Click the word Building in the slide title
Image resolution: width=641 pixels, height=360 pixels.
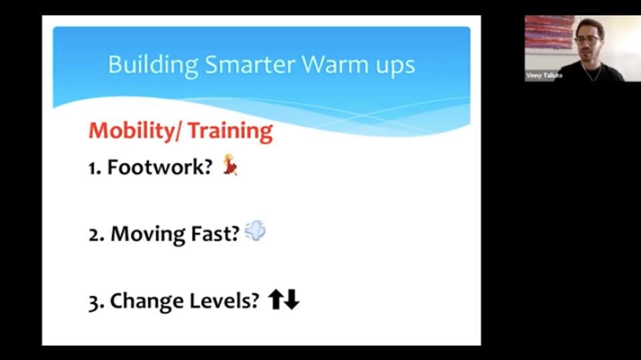(x=153, y=65)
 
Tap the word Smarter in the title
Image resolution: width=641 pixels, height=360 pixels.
(x=250, y=65)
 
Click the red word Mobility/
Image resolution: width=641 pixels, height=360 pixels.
(x=136, y=131)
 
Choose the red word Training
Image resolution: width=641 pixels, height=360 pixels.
(x=230, y=131)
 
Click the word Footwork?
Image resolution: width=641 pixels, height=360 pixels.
(x=160, y=167)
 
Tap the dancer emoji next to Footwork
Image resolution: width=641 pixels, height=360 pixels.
(x=230, y=165)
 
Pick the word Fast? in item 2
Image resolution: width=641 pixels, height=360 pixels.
(x=215, y=234)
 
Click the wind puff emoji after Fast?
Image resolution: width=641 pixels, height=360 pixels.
(x=255, y=230)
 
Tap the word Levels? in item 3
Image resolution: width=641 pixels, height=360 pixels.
(x=224, y=301)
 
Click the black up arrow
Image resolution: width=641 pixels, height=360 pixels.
(x=276, y=299)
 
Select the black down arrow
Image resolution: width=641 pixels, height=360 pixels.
(x=292, y=299)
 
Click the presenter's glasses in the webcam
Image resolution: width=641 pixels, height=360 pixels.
(x=588, y=40)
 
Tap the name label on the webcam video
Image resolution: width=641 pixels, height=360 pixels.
(x=545, y=75)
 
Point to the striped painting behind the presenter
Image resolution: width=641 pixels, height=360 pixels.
(x=550, y=32)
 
